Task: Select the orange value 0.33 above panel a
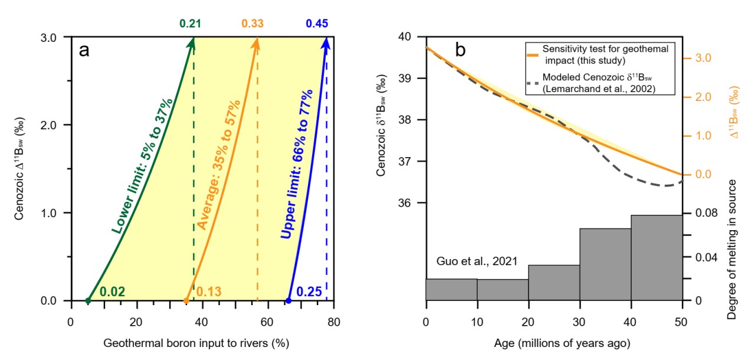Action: (252, 24)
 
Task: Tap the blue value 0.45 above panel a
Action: (317, 24)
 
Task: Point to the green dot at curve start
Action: (88, 300)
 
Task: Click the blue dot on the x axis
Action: (288, 300)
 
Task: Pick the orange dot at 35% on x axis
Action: (186, 300)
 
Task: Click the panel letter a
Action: (84, 50)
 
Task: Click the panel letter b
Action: (460, 50)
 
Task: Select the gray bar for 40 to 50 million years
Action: (657, 258)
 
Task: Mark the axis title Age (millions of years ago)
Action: (554, 342)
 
